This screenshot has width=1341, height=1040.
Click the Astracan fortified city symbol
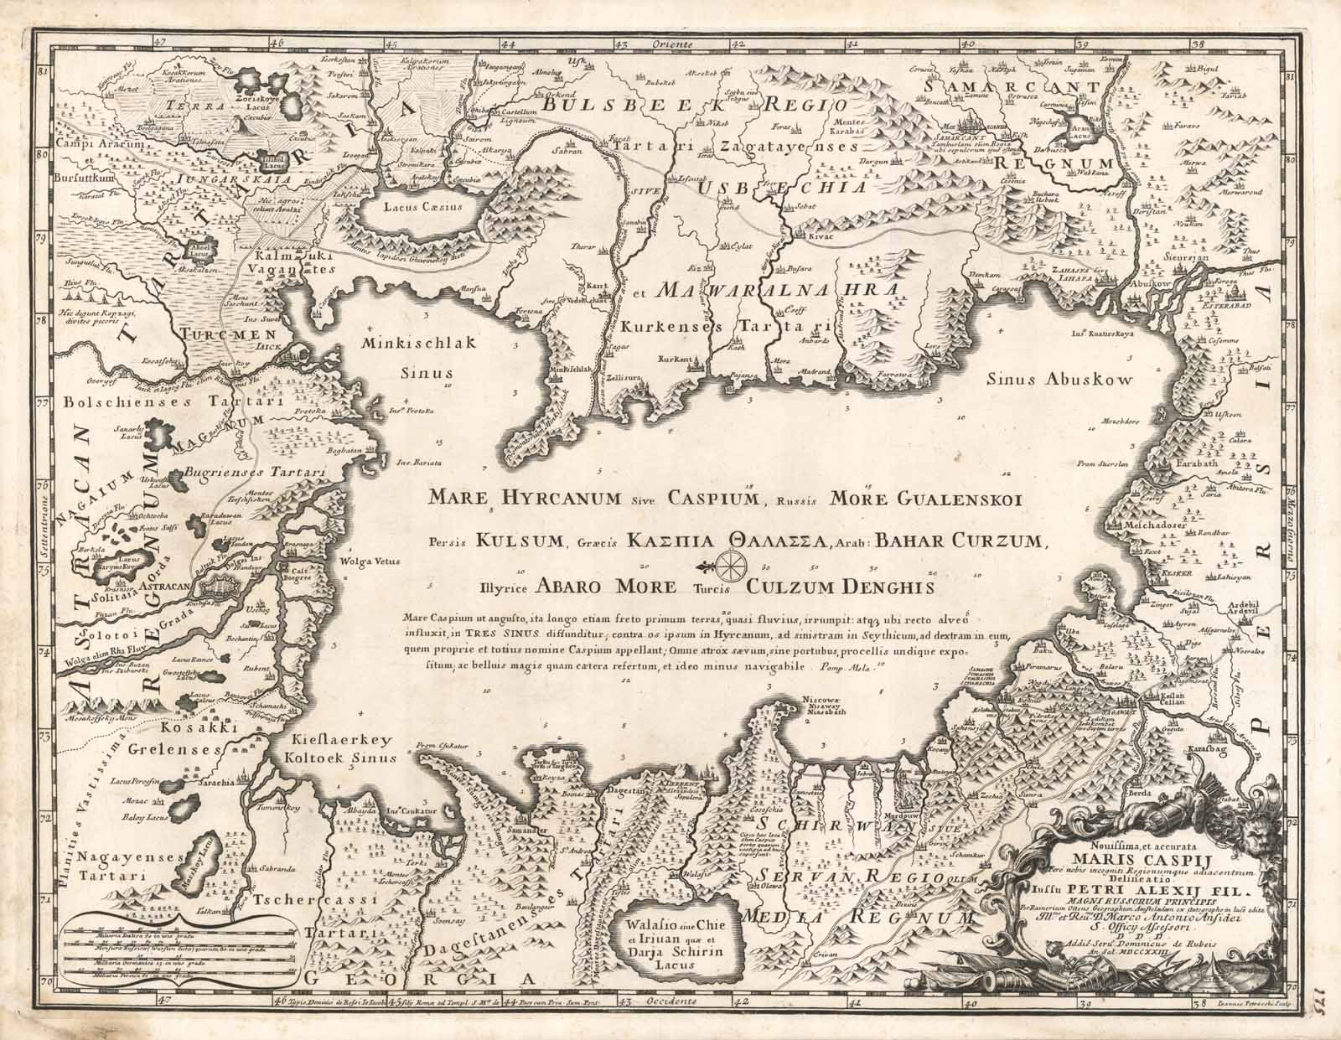coord(230,583)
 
